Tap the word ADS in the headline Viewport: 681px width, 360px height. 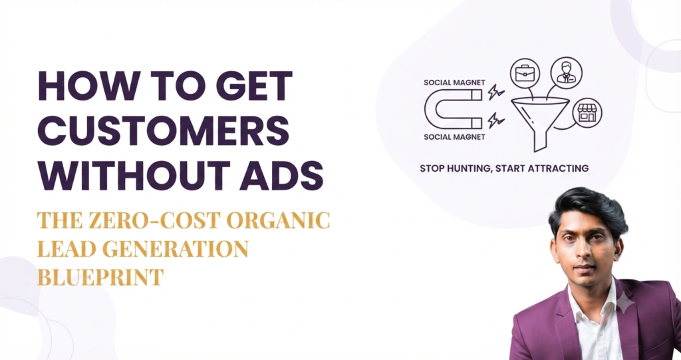[281, 175]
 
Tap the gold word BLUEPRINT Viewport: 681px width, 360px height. [100, 277]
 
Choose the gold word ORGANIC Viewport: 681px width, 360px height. [279, 220]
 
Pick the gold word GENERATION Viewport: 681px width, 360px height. [175, 249]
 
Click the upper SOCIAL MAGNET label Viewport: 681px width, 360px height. [454, 83]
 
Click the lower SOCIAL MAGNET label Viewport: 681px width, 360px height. [454, 137]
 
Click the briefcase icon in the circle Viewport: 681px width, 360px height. [525, 73]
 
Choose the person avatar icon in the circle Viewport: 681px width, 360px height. [567, 72]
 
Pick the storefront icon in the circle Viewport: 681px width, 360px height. [587, 113]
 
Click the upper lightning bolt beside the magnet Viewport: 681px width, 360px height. [495, 92]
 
